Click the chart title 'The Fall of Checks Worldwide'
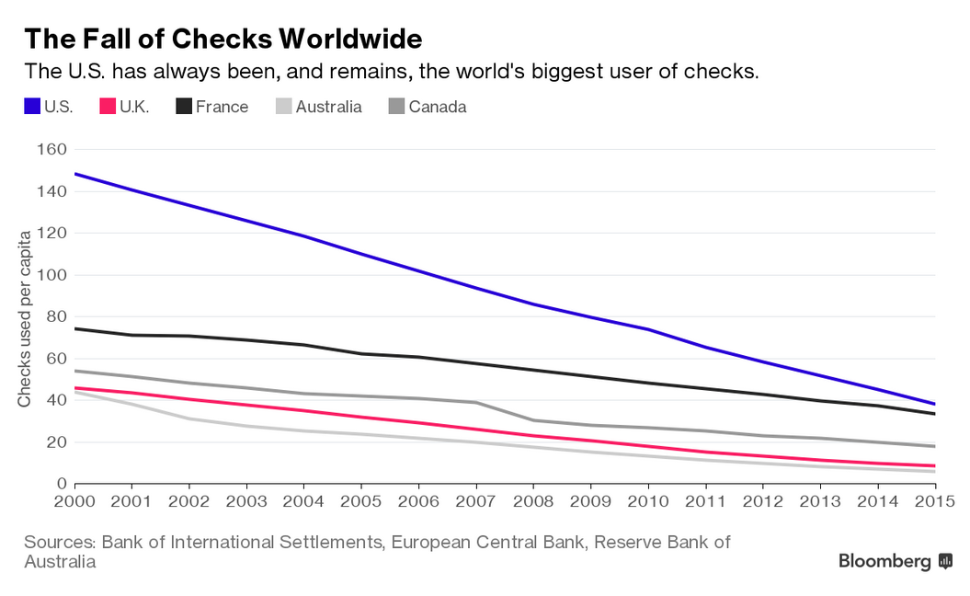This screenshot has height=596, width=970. coord(223,39)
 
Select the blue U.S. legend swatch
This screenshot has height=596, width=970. coord(32,107)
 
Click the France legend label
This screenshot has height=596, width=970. coord(222,107)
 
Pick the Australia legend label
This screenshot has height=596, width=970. coord(328,107)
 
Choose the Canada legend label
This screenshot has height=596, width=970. coord(437,107)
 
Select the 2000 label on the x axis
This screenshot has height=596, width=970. coord(74,501)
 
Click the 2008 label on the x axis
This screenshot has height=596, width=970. coord(533,501)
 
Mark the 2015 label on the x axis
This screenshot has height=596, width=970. coord(935,501)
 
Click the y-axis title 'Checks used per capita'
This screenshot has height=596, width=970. coord(25,318)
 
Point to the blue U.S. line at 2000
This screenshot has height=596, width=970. coord(75,173)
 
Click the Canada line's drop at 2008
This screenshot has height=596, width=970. coord(533,420)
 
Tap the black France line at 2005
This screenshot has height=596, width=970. coord(361,353)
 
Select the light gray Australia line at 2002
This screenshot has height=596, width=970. coord(189,418)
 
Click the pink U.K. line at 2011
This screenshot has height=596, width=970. coord(705,452)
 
